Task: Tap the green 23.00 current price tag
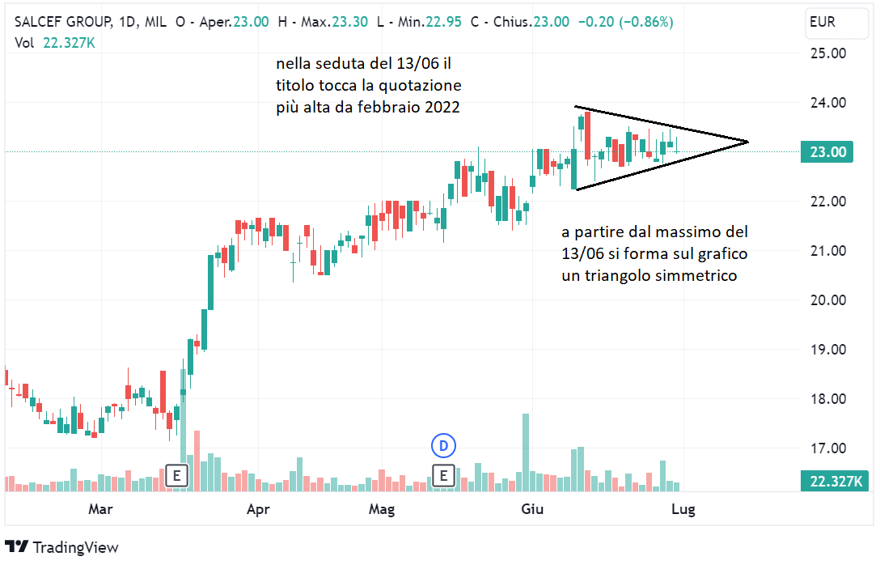point(826,152)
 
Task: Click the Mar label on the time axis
point(99,509)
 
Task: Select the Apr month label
point(257,509)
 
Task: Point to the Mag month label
point(381,509)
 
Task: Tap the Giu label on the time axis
point(532,509)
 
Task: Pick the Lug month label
point(683,509)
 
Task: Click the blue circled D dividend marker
point(443,444)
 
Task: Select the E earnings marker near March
point(176,476)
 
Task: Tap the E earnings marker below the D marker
point(443,476)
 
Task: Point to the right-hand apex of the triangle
point(747,142)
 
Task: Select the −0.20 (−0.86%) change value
point(625,23)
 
